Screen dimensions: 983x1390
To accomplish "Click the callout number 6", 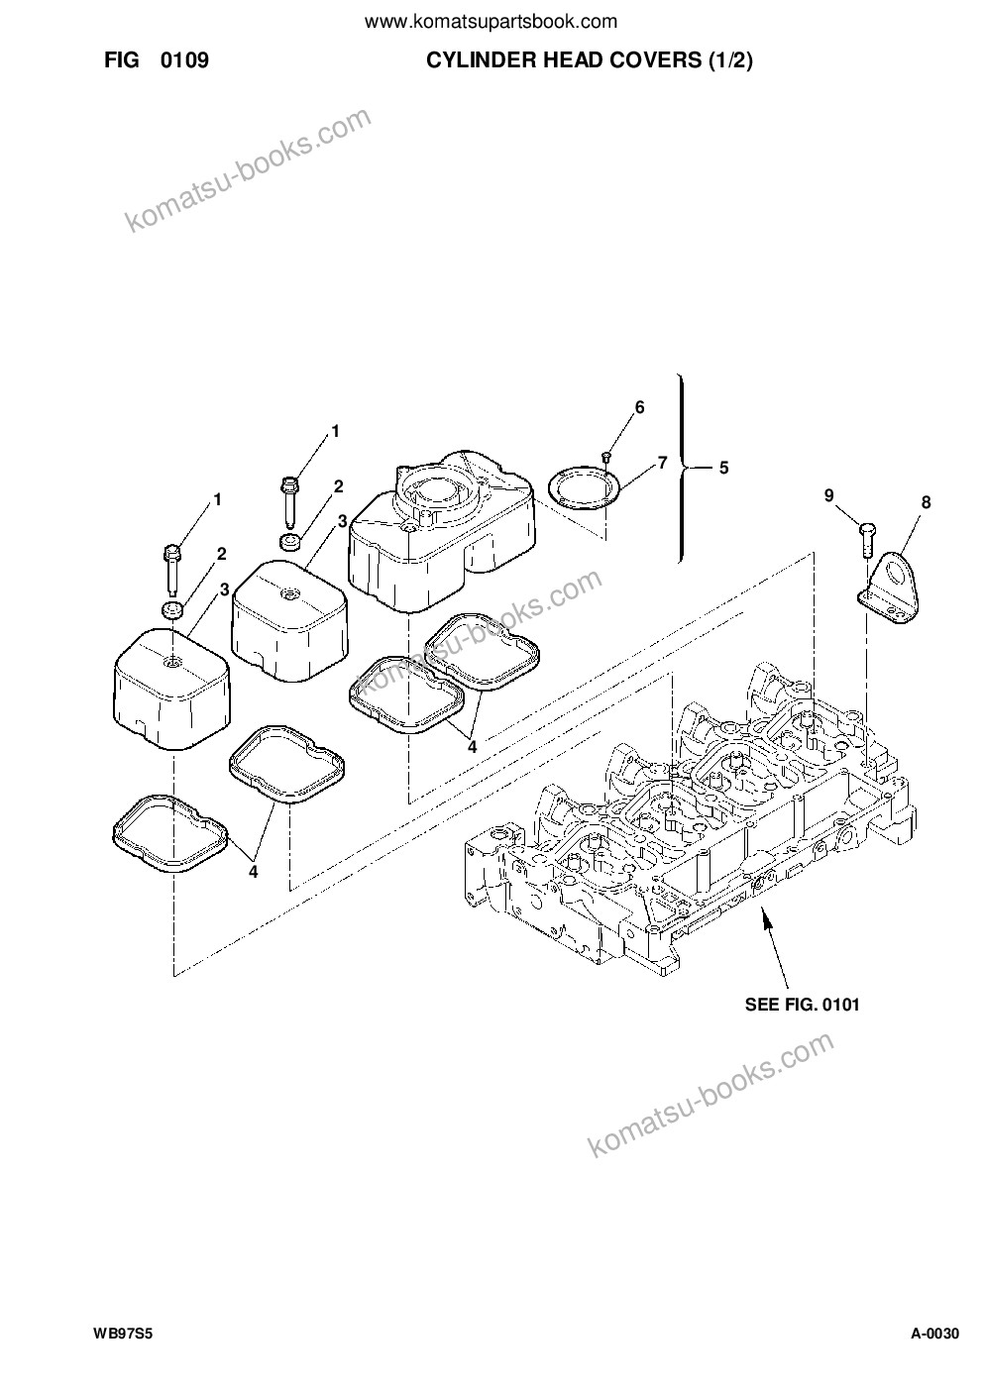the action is pos(639,407).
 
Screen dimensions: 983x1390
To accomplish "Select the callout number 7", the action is pos(662,463).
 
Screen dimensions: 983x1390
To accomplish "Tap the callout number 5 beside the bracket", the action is pos(723,468).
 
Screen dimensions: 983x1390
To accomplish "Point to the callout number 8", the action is pos(926,502).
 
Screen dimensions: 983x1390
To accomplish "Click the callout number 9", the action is pos(829,495).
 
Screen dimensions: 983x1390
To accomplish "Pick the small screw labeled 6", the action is pos(606,458).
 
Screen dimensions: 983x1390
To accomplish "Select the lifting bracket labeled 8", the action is pos(890,586).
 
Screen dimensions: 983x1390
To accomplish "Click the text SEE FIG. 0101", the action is pos(802,1005).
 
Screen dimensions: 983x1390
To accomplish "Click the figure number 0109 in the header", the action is pos(185,60).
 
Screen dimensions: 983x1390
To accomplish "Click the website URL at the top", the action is pos(491,23).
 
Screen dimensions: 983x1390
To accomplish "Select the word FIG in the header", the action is pos(121,60).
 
